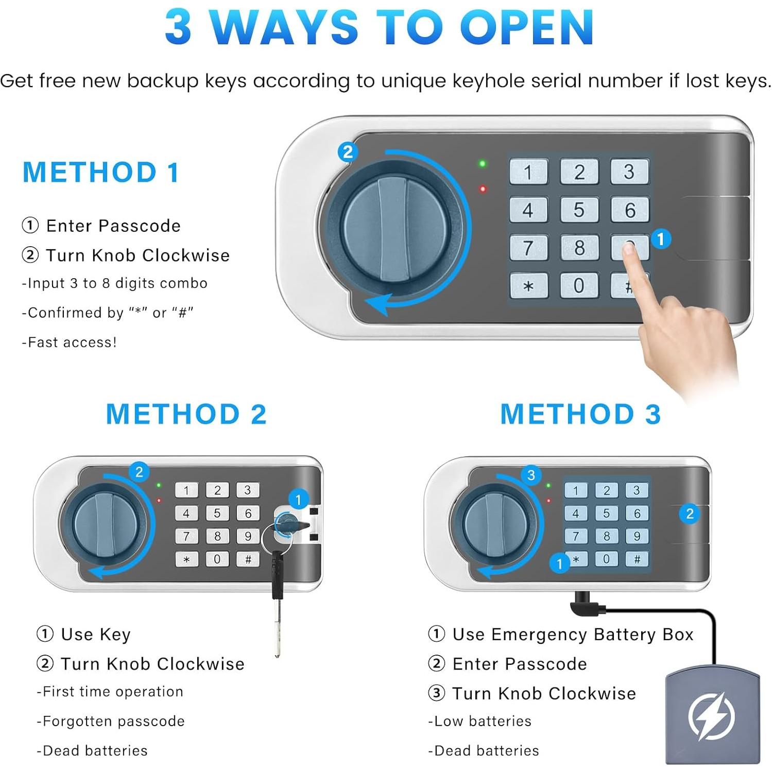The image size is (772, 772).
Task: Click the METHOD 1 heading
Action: [x=101, y=172]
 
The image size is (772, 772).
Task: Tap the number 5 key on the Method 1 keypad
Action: [x=579, y=210]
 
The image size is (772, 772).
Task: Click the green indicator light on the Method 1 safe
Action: [x=483, y=164]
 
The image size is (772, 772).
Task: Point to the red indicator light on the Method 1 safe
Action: [x=483, y=189]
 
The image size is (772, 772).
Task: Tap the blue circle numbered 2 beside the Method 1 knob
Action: [x=348, y=152]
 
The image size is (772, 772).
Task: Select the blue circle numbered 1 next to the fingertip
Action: [x=661, y=238]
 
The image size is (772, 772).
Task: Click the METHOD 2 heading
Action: [x=186, y=414]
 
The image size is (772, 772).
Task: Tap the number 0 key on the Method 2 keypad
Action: [x=217, y=559]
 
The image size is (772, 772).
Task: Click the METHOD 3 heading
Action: [x=580, y=414]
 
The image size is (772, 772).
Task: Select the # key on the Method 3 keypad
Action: [x=637, y=559]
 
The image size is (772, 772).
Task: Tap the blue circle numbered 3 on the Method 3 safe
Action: [x=531, y=475]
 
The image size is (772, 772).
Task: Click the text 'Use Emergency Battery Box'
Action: [x=573, y=634]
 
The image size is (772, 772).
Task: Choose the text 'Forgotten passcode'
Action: [x=113, y=721]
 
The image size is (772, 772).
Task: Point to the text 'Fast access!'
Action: [x=72, y=342]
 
